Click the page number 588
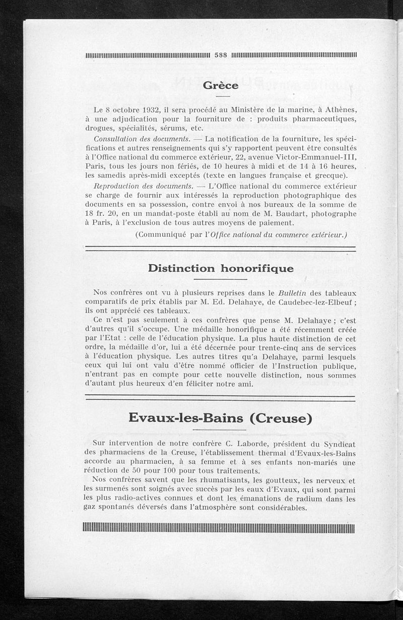click(221, 55)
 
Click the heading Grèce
click(221, 85)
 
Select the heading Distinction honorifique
click(221, 268)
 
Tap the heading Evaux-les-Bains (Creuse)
click(221, 417)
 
